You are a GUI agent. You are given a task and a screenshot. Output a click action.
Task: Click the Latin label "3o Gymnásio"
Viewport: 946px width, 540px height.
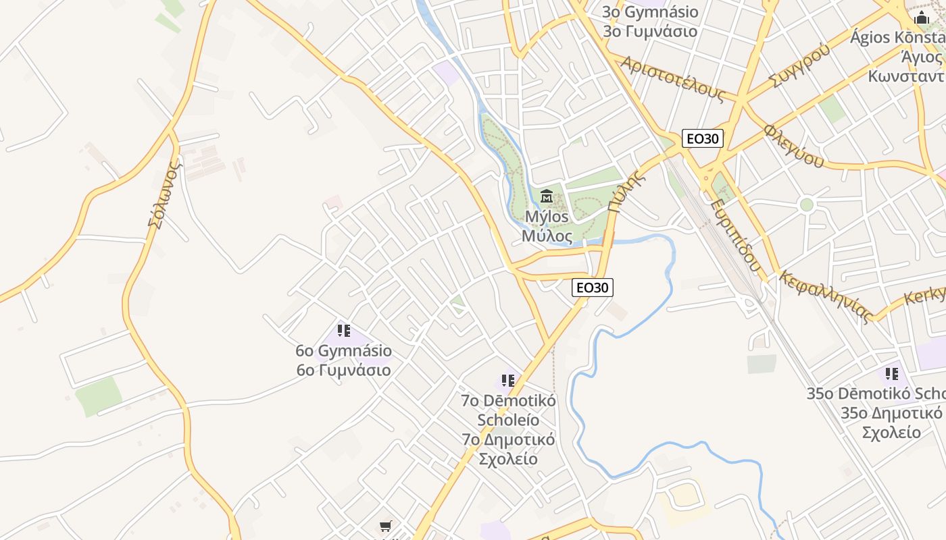tap(650, 11)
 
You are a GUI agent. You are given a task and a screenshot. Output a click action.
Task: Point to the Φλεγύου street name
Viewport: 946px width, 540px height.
tap(794, 146)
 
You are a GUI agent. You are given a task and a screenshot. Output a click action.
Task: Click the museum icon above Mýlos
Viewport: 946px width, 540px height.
tap(547, 196)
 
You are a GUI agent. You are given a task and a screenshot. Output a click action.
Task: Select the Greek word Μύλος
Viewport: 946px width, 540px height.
tap(547, 236)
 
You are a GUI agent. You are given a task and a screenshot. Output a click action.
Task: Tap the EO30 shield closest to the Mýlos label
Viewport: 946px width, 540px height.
tap(593, 287)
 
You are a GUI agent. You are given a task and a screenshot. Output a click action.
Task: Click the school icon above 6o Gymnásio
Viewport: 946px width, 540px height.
tap(344, 331)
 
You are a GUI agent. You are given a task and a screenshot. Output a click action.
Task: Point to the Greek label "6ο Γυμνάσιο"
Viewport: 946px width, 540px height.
tap(343, 371)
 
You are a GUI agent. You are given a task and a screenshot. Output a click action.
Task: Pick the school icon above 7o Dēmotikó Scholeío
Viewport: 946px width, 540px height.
tap(508, 381)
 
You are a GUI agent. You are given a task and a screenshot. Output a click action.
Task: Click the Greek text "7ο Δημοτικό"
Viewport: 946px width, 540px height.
tap(508, 439)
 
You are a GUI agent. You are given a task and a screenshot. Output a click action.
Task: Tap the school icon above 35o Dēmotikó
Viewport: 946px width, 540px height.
tap(892, 373)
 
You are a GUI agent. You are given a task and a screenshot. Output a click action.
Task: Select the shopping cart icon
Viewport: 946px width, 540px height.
tap(385, 526)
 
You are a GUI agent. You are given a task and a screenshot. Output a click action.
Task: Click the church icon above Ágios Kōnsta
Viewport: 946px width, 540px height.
tap(921, 17)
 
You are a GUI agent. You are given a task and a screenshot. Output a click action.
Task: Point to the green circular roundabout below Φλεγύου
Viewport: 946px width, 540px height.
tap(806, 205)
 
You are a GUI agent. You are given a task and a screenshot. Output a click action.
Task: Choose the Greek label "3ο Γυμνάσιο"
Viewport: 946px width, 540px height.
tap(650, 31)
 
